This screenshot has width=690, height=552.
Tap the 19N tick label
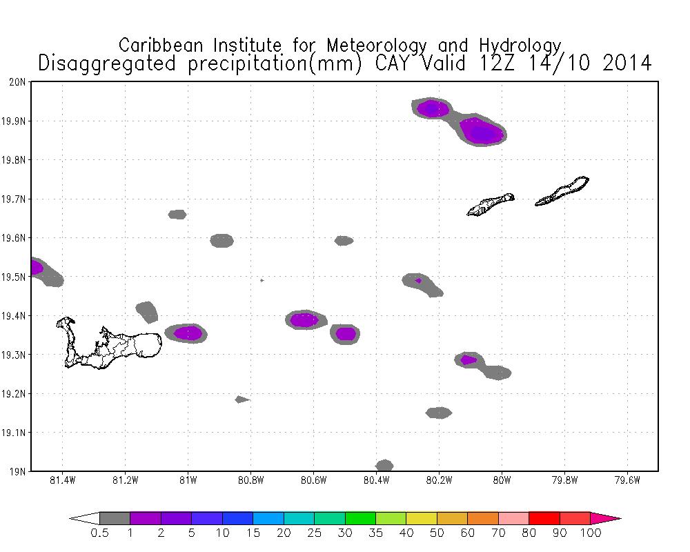(19, 472)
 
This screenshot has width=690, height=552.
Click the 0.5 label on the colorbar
(99, 533)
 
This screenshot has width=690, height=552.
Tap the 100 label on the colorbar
(591, 533)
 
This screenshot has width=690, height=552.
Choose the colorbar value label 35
(375, 533)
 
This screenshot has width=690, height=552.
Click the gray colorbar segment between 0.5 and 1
(115, 517)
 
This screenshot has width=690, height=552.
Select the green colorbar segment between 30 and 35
(360, 517)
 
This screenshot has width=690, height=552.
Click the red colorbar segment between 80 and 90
(544, 517)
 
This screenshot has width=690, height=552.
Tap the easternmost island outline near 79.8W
(562, 191)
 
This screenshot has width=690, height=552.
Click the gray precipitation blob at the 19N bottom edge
(384, 466)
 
